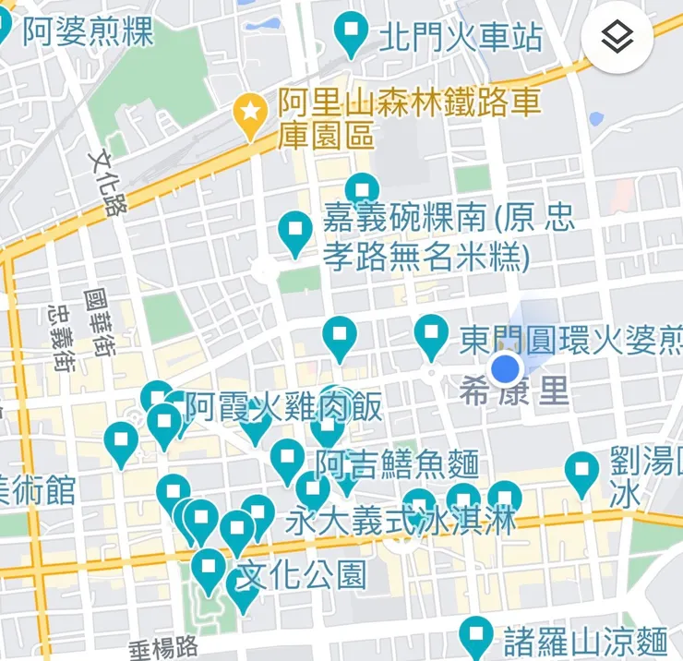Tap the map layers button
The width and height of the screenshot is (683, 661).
(x=617, y=38)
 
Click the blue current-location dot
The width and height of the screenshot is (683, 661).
(x=506, y=369)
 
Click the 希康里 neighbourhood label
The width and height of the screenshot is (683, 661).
(x=514, y=393)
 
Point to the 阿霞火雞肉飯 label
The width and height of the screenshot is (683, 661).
(x=283, y=406)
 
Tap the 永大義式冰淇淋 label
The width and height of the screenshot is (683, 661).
(x=401, y=521)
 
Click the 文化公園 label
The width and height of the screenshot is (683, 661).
(x=302, y=575)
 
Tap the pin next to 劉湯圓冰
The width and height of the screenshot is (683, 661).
(x=581, y=472)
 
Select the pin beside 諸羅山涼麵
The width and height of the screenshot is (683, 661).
(x=476, y=636)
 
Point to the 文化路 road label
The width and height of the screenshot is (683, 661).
(x=107, y=183)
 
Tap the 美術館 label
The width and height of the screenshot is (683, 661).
(x=37, y=489)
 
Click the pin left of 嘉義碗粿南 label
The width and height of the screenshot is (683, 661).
(x=295, y=231)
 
